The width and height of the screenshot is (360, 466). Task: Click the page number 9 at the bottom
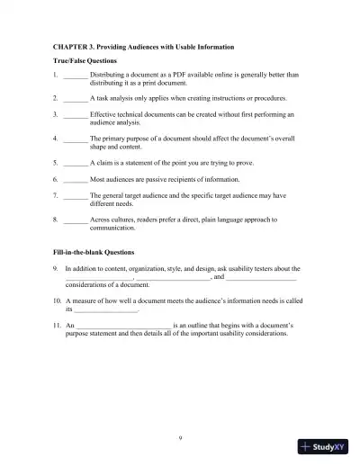click(x=181, y=438)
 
